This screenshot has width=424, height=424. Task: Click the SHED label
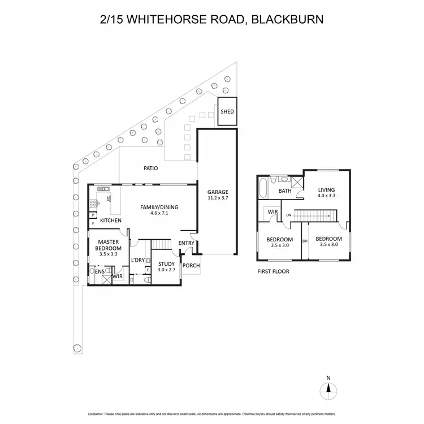(227, 112)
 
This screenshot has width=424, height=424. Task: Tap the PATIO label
(150, 168)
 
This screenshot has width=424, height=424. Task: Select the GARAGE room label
(217, 192)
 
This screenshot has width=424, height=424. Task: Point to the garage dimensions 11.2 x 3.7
(217, 198)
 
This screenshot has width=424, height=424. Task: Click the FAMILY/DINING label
(159, 207)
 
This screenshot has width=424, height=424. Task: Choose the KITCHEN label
(111, 220)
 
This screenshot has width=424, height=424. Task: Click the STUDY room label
(166, 263)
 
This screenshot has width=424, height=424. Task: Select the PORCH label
(190, 266)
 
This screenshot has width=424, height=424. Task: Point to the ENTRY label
(186, 244)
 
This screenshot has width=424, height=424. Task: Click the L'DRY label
(138, 260)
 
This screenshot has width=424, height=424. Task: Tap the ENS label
(99, 272)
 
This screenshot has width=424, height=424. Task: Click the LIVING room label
(326, 190)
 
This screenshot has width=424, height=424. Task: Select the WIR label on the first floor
(272, 212)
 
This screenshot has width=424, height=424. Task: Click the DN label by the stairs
(288, 215)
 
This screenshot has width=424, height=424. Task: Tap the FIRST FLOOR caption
(273, 272)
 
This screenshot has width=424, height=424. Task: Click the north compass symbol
(328, 388)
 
